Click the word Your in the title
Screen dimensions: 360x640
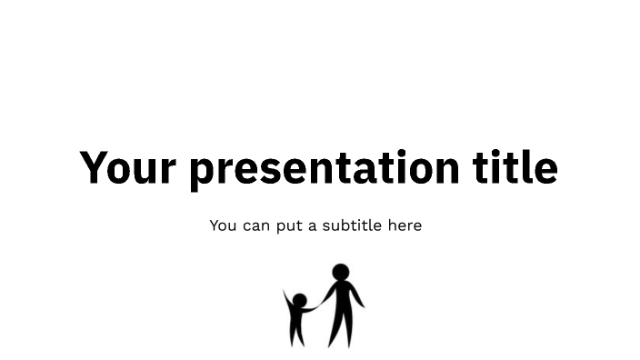pyautogui.click(x=129, y=168)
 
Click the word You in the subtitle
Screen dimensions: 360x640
pyautogui.click(x=223, y=225)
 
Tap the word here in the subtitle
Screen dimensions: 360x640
pyautogui.click(x=405, y=225)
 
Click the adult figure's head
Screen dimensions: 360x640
pyautogui.click(x=341, y=271)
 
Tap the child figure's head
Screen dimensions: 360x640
pyautogui.click(x=299, y=300)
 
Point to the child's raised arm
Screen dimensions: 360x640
pyautogui.click(x=287, y=297)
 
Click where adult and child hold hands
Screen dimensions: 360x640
pyautogui.click(x=316, y=309)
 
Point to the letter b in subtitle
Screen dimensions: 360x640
pyautogui.click(x=346, y=225)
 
